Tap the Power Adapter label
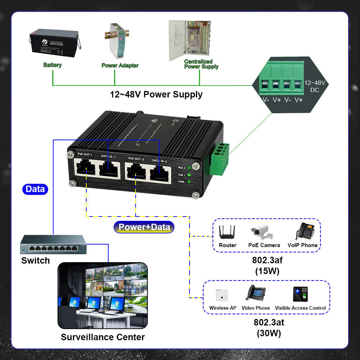click(120, 65)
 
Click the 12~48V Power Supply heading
click(156, 95)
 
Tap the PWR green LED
click(188, 182)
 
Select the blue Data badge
click(35, 189)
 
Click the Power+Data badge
click(144, 227)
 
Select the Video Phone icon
click(256, 293)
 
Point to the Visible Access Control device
click(301, 294)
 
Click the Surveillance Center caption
click(102, 337)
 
